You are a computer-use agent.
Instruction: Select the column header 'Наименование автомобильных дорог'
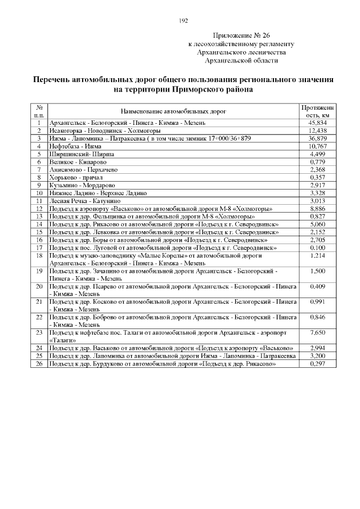click(174, 111)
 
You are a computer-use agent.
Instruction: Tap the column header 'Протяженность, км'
click(318, 111)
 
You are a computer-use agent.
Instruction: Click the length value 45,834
click(318, 122)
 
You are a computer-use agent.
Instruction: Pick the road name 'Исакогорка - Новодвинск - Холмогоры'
click(105, 130)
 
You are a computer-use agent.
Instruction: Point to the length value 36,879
click(318, 138)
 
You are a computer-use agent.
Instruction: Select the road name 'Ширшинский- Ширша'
click(74, 154)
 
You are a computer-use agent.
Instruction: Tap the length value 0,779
click(318, 161)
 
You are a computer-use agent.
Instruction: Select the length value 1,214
click(318, 255)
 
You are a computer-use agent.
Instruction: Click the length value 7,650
click(318, 333)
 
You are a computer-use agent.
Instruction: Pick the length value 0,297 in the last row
click(318, 364)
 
